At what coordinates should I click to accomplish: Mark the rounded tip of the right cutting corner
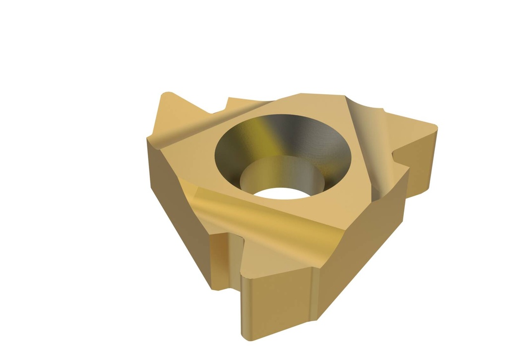[435, 126]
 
